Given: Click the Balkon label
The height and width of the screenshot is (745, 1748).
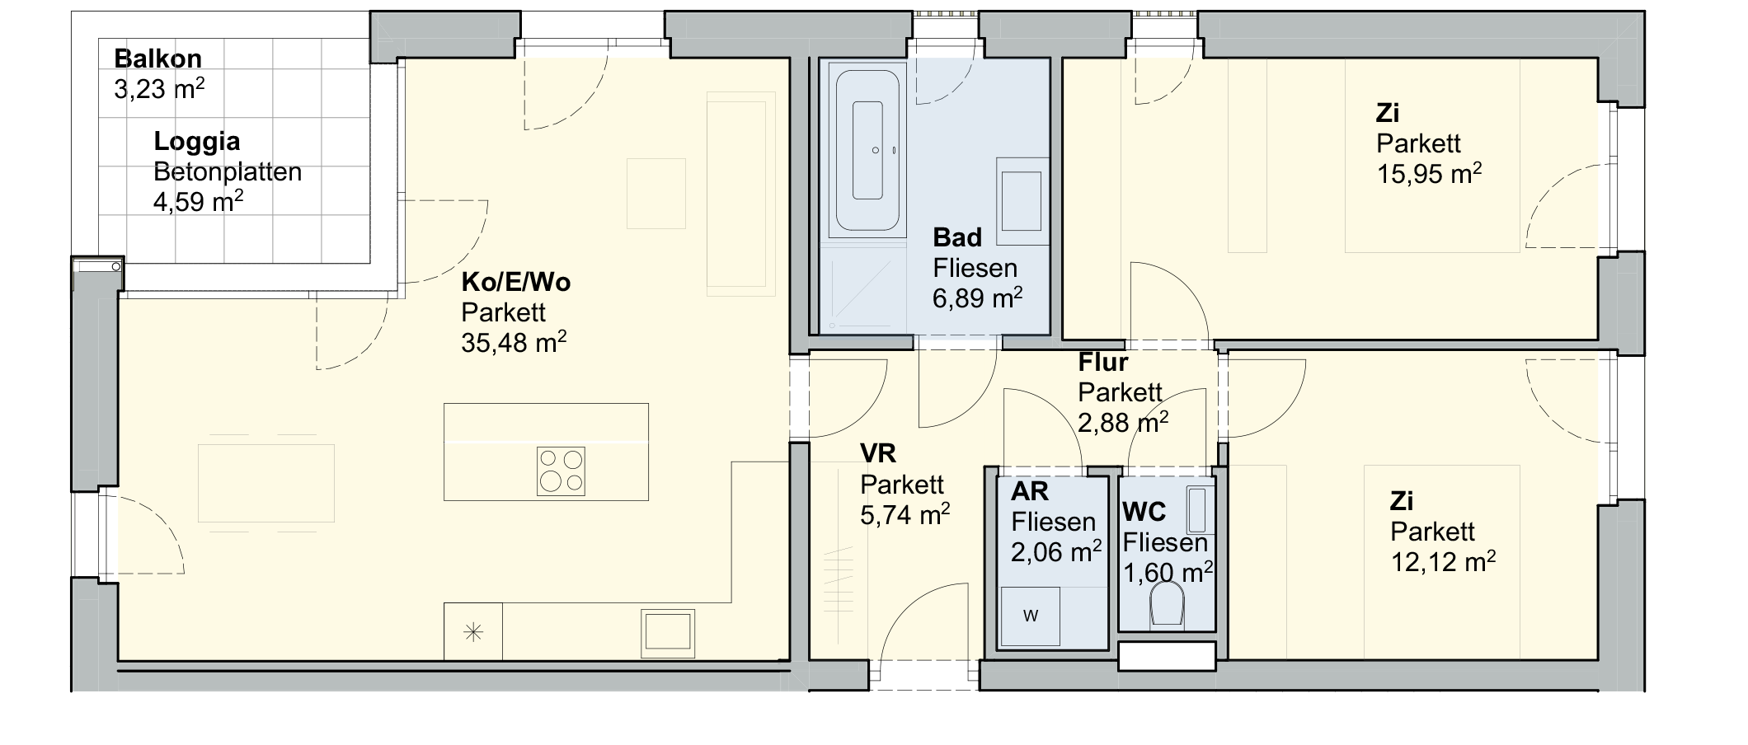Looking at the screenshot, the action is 157,59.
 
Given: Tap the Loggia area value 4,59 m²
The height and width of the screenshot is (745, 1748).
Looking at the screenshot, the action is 198,201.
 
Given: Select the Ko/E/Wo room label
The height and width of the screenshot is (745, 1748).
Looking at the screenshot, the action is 515,282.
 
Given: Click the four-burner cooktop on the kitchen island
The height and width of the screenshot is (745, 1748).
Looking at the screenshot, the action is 561,471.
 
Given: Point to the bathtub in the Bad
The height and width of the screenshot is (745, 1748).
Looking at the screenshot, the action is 867,151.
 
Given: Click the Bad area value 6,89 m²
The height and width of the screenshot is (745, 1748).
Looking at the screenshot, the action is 977,298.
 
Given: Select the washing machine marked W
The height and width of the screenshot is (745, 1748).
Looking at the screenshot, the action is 1031,616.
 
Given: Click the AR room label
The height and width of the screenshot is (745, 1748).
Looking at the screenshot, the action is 1030,491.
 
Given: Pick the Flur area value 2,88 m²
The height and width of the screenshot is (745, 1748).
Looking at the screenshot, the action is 1123,423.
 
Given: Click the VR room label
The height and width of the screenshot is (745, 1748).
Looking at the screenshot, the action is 878,453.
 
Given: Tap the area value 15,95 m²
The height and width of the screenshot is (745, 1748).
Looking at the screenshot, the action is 1429,174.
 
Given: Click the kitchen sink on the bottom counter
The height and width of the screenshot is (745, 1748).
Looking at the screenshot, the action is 669,633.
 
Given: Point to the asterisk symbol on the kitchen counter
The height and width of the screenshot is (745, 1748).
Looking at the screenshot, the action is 473,633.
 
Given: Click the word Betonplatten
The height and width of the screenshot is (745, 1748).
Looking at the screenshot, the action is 228,172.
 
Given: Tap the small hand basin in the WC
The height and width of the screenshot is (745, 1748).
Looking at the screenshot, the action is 1197,510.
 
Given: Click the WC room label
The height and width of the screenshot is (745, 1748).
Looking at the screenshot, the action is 1144,512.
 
